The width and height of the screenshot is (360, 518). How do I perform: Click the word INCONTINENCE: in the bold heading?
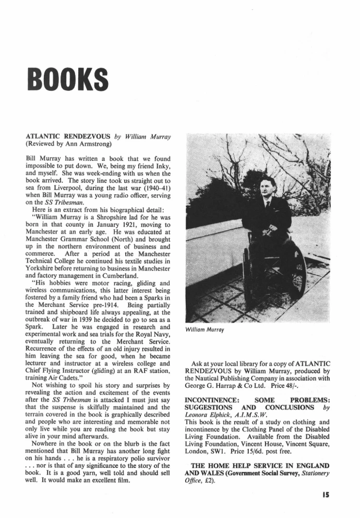(x=212, y=400)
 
